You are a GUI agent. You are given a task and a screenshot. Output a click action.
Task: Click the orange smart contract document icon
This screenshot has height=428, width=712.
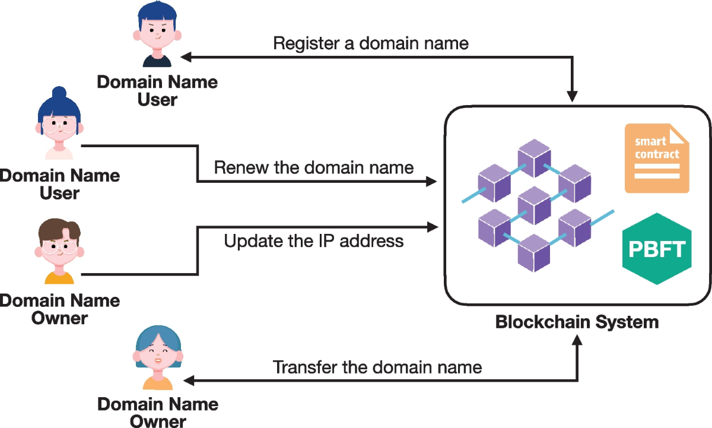[657, 158]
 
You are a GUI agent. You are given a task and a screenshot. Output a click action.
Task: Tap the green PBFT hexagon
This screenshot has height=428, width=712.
[657, 249]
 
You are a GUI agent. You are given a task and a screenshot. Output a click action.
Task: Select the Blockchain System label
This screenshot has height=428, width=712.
[577, 322]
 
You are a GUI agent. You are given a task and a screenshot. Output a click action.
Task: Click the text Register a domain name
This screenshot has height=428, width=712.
[371, 43]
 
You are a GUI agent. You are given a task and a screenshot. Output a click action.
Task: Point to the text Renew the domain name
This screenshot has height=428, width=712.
[314, 167]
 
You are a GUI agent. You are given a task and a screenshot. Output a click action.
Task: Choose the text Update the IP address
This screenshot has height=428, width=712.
[314, 241]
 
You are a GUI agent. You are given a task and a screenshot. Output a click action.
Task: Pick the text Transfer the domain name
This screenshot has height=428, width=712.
[377, 367]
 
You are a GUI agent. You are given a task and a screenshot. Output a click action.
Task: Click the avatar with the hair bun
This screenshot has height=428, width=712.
[58, 123]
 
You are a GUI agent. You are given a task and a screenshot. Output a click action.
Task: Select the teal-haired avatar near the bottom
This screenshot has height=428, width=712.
[157, 359]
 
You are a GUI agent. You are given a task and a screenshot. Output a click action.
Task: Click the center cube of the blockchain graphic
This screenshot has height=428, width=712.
[533, 202]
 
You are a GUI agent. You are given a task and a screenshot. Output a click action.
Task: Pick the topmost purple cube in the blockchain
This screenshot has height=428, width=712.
[533, 156]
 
